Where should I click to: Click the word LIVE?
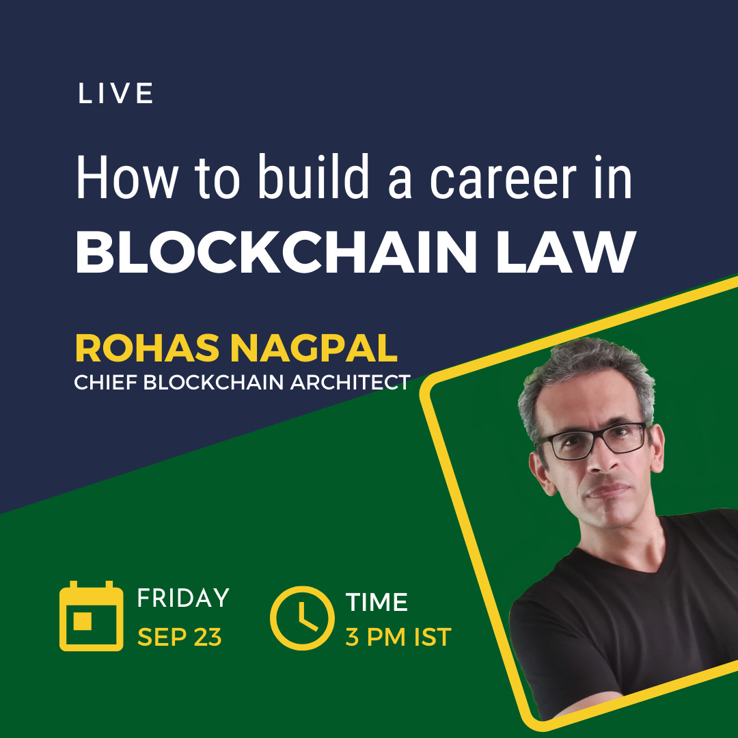(115, 94)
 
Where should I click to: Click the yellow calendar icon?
(91, 616)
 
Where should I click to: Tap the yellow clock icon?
(303, 617)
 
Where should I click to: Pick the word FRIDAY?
(183, 598)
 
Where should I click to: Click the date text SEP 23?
(179, 637)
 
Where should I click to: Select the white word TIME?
(377, 602)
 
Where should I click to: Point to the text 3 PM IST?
(398, 637)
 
